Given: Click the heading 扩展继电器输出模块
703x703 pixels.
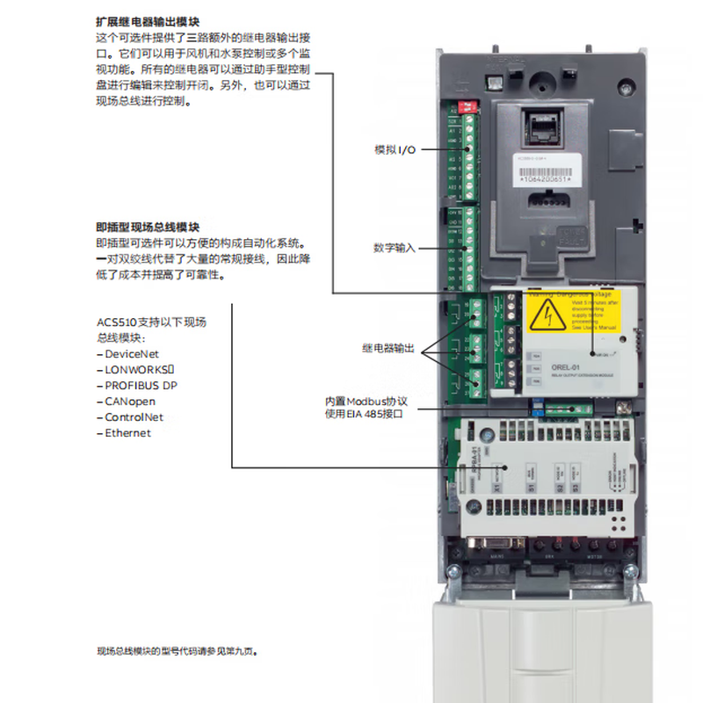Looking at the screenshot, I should click(x=148, y=20).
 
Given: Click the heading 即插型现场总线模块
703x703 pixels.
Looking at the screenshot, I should click(x=148, y=227).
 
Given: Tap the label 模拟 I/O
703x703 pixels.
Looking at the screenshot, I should click(x=395, y=150).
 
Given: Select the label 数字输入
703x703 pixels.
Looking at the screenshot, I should click(x=395, y=249).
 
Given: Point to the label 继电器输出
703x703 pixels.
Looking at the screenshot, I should click(x=388, y=349).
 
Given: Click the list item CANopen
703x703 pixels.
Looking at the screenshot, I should click(x=129, y=401).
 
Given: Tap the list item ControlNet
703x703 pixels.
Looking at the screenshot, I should click(x=133, y=417).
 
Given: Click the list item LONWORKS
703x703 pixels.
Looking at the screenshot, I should click(x=135, y=369).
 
